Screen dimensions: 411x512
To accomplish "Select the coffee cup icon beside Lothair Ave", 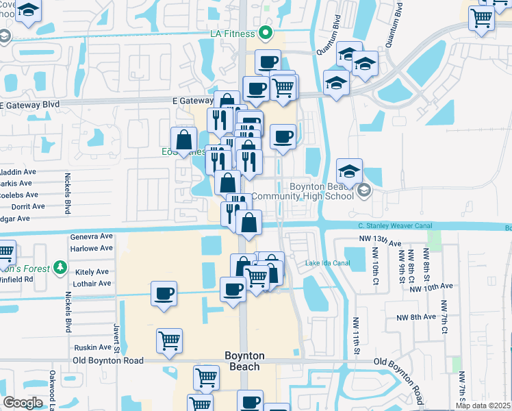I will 164,294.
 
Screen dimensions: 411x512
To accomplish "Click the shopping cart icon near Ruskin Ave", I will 169,340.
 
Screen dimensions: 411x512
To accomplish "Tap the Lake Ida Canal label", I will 327,263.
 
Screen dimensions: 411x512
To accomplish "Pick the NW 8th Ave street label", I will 415,316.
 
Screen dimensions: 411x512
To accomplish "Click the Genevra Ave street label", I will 92,236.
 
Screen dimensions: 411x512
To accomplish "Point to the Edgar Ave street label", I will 15,219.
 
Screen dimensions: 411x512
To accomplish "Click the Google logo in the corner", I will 23,403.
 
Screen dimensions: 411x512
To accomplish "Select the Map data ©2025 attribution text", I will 483,406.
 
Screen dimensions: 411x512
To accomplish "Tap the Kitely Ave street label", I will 94,272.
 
